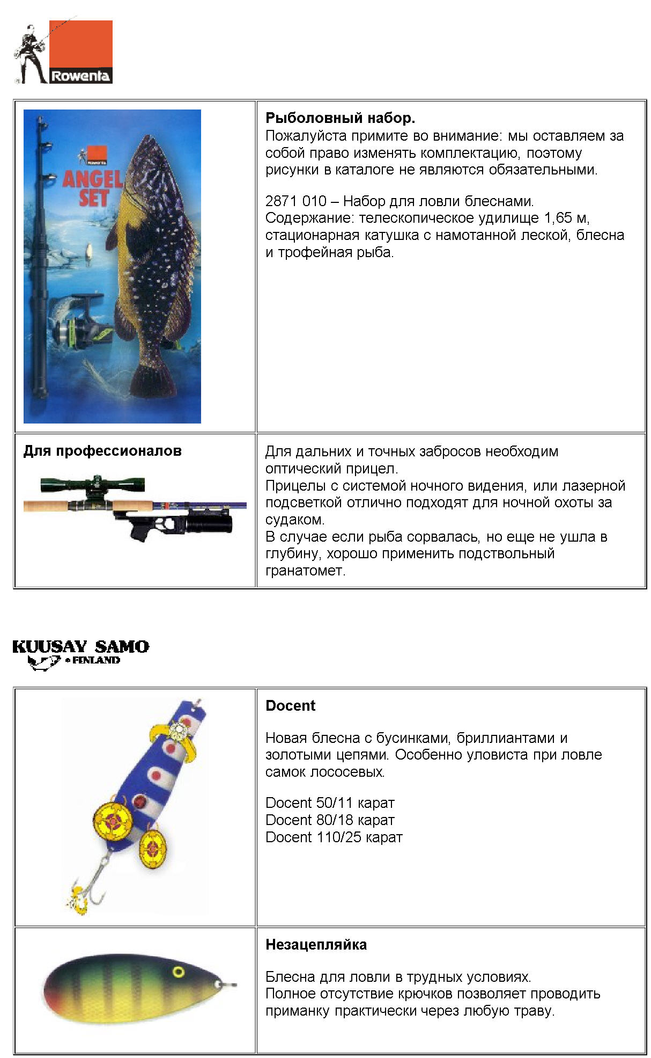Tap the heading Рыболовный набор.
(x=340, y=118)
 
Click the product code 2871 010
(x=295, y=201)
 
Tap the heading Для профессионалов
(x=102, y=451)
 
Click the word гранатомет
(x=305, y=571)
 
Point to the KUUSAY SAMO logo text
(x=80, y=646)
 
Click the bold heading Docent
(x=290, y=705)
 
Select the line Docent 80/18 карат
(x=330, y=820)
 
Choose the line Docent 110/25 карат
(x=334, y=837)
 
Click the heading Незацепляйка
(x=316, y=945)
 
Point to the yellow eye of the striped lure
(x=179, y=972)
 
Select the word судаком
(x=294, y=520)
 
